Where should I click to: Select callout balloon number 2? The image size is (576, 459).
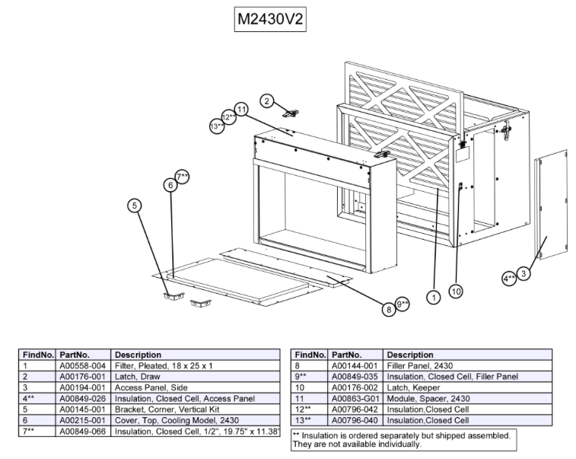pyautogui.click(x=267, y=100)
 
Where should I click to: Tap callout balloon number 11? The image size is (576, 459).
pyautogui.click(x=242, y=110)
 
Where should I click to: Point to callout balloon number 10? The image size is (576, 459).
pyautogui.click(x=456, y=290)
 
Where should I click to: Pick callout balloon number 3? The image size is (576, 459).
pyautogui.click(x=525, y=273)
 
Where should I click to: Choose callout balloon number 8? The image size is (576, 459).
pyautogui.click(x=389, y=308)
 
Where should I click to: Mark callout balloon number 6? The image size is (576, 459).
pyautogui.click(x=170, y=185)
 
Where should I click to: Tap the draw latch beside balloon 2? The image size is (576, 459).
pyautogui.click(x=290, y=113)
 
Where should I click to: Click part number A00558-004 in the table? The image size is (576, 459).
pyautogui.click(x=83, y=365)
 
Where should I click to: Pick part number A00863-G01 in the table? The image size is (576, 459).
pyautogui.click(x=355, y=398)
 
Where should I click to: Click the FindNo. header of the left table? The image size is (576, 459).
pyautogui.click(x=37, y=355)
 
